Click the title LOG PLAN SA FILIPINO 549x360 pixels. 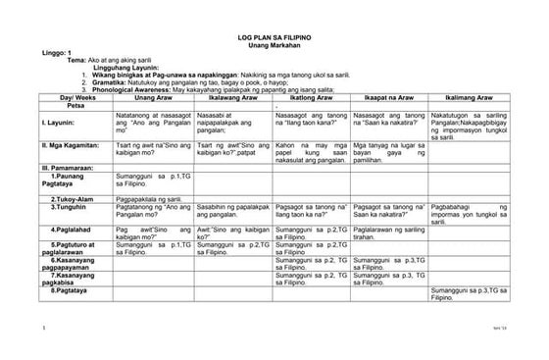pyautogui.click(x=274, y=35)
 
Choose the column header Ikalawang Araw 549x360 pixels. pyautogui.click(x=233, y=99)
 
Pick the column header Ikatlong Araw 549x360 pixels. pyautogui.click(x=312, y=99)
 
